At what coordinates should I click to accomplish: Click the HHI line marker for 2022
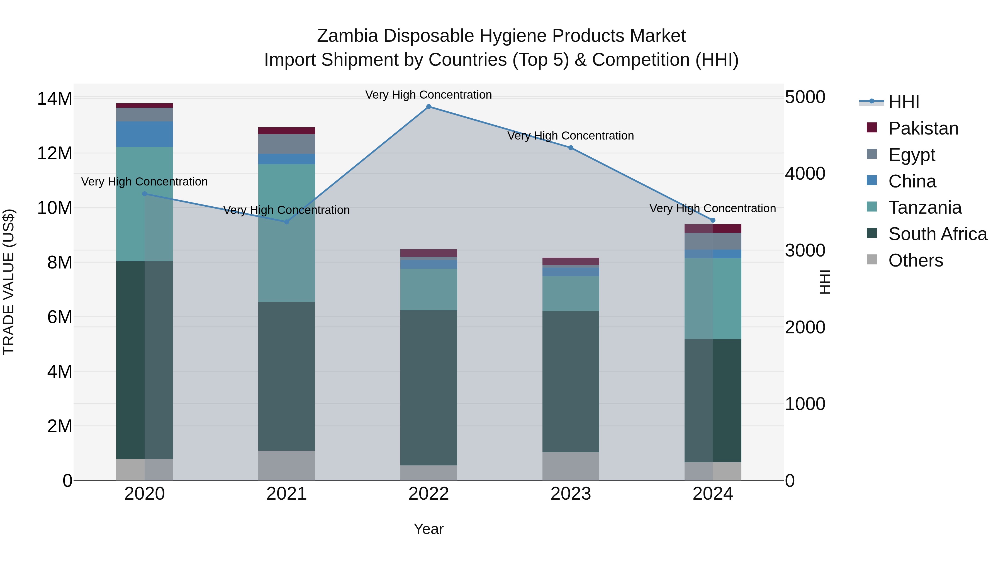coord(429,106)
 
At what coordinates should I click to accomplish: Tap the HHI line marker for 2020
coord(144,194)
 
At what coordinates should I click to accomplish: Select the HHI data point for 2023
coord(571,148)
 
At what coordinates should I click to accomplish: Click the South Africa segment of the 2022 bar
coord(429,387)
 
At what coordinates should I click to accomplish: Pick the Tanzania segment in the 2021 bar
coord(287,233)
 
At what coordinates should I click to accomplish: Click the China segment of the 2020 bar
coord(144,134)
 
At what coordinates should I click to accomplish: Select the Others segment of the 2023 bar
coord(571,466)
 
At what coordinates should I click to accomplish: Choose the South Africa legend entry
coord(937,234)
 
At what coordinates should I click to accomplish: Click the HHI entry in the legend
coord(903,102)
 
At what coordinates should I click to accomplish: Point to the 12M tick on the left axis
coord(55,153)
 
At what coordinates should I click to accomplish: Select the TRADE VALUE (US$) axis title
coord(9,282)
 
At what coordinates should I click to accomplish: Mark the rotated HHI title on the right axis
coord(825,282)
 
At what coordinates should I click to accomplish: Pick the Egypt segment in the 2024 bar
coord(713,241)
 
